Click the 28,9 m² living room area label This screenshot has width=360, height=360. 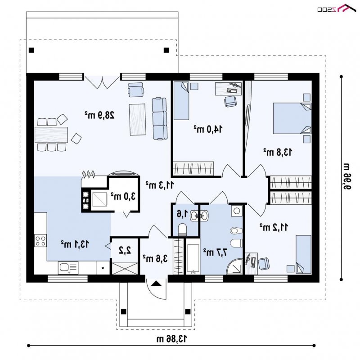pos(99,115)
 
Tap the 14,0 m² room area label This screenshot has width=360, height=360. pos(208,129)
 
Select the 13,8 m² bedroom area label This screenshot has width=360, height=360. pos(278,152)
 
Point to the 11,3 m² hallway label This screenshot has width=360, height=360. pos(160,185)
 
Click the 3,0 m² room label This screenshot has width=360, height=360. pos(123,196)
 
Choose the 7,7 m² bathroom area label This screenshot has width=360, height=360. pos(215,252)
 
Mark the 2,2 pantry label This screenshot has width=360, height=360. pos(125,250)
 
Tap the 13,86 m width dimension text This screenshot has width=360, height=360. pos(172,338)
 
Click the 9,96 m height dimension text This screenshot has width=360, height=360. pos(346,176)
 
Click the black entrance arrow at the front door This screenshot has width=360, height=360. pos(156,283)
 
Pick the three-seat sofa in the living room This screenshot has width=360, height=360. pos(159,118)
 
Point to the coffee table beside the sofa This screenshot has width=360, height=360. pos(138,119)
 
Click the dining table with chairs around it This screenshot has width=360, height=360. pos(51,135)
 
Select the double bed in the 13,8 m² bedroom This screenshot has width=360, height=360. pos(292,118)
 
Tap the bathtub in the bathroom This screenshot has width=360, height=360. pos(193,259)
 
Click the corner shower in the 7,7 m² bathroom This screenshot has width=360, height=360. pos(234,266)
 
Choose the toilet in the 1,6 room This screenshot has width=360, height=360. pos(182,229)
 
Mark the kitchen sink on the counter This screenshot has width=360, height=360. pos(68,268)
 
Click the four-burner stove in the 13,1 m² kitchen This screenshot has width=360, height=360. pos(40,241)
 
